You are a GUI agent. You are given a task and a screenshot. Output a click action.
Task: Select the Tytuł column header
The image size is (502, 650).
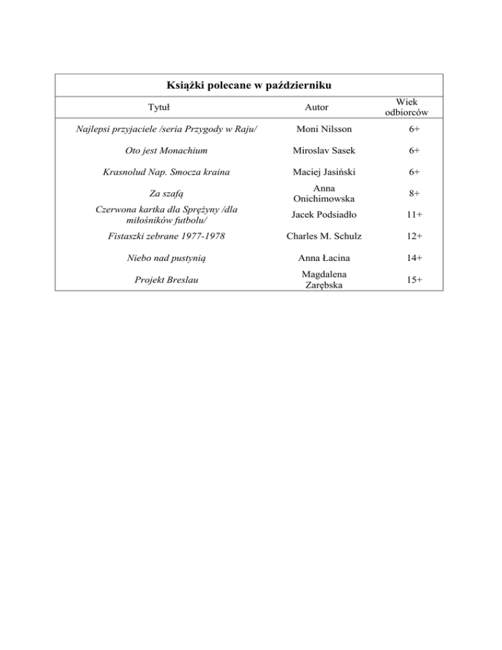pyautogui.click(x=160, y=107)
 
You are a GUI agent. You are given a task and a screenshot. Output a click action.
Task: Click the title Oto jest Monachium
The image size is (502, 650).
pyautogui.click(x=161, y=151)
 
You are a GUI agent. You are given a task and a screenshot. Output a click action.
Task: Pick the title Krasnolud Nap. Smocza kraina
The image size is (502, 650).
pyautogui.click(x=161, y=172)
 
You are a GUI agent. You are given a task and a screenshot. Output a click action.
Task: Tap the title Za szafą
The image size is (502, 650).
pyautogui.click(x=161, y=194)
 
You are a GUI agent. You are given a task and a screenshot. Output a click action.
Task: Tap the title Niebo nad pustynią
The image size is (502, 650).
pyautogui.click(x=161, y=258)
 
